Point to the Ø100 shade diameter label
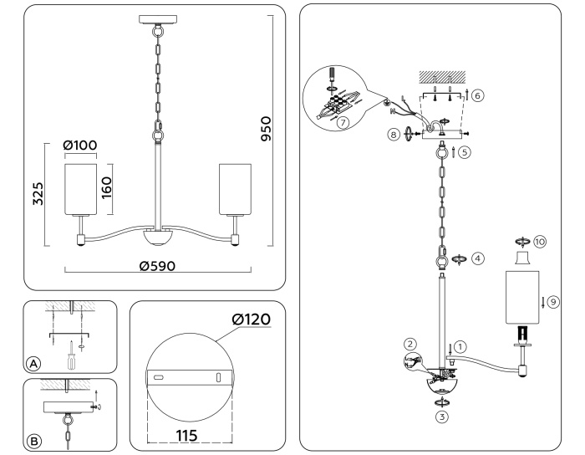pyautogui.click(x=80, y=146)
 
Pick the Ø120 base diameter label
pyautogui.click(x=253, y=319)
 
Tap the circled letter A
pyautogui.click(x=33, y=364)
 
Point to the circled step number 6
pyautogui.click(x=477, y=95)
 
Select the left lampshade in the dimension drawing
pyautogui.click(x=81, y=188)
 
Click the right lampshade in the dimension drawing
pyautogui.click(x=234, y=188)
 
